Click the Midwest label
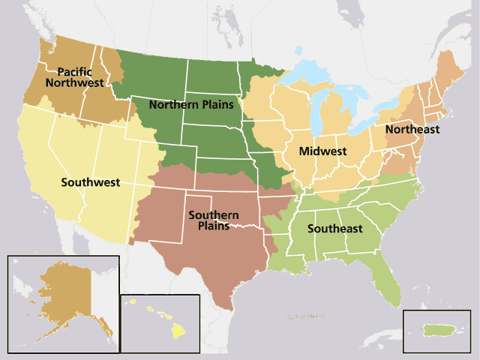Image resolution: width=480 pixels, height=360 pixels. (x=322, y=151)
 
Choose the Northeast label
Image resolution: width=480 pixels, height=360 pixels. (x=412, y=130)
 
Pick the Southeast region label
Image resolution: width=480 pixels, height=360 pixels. (x=337, y=228)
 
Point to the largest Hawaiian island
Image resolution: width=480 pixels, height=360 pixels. (x=178, y=329)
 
